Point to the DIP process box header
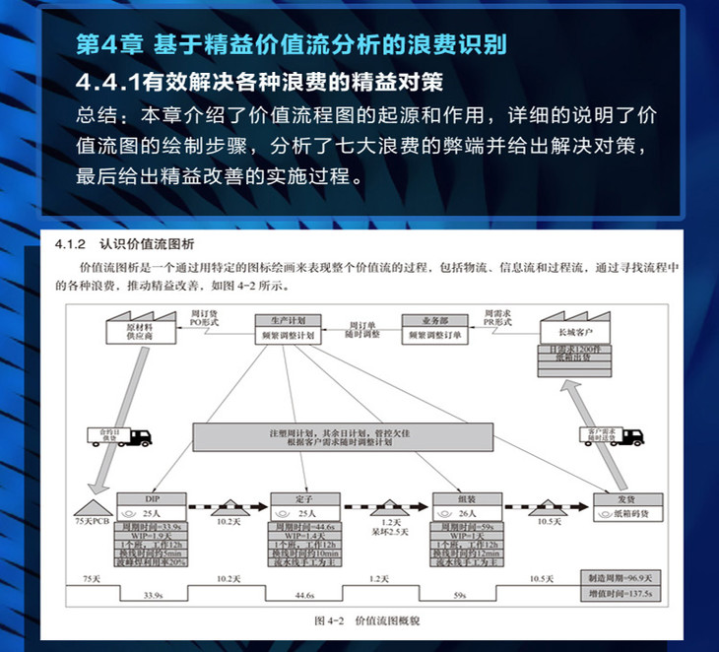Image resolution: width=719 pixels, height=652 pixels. coord(151,498)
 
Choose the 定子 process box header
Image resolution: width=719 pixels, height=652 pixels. coord(304,498)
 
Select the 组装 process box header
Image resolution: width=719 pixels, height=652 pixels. coord(467,498)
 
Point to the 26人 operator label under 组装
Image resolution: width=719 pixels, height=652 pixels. coord(467,514)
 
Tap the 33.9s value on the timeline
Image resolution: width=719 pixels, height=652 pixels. coord(154,596)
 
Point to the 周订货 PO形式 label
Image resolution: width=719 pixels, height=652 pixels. coord(205,316)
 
